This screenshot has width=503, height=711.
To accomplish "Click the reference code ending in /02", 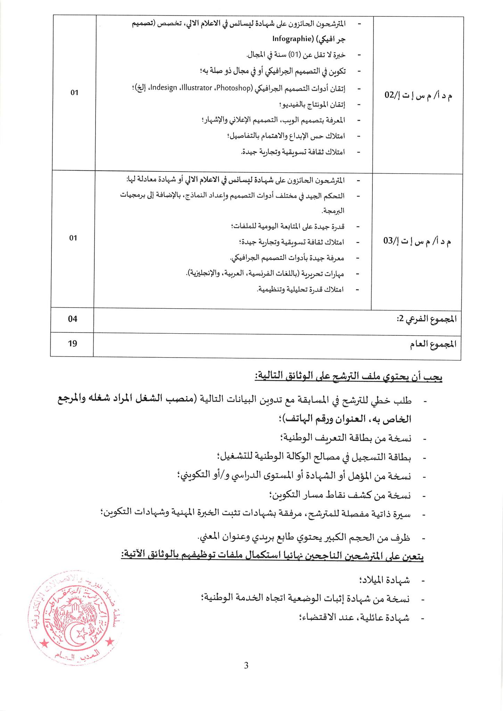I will click(418, 95).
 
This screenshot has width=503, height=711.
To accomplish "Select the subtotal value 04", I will click(73, 319).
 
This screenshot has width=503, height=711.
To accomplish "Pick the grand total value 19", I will click(73, 343).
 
